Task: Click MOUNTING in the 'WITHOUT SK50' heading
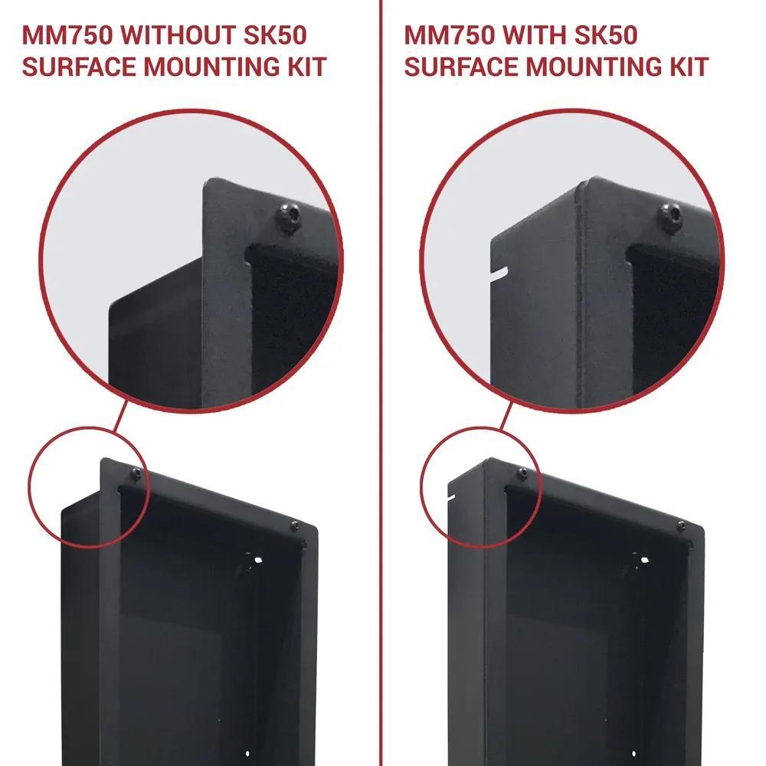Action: click(216, 67)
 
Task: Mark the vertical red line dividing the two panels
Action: click(381, 383)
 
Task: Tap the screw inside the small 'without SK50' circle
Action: click(136, 473)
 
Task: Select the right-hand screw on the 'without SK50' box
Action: click(295, 526)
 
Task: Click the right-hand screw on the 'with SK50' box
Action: click(681, 525)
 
